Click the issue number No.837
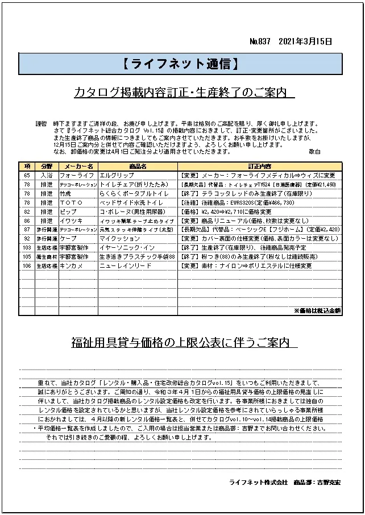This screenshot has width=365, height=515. pos(260,41)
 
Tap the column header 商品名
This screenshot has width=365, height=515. pos(138,167)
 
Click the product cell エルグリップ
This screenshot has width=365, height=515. pos(117,176)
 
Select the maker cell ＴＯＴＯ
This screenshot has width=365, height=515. pos(72,202)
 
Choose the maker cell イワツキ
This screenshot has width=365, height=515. pos(70,220)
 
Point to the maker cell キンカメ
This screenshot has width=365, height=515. pos(70,265)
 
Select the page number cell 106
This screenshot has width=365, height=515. pos(27,265)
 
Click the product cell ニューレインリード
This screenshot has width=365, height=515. pos(126,265)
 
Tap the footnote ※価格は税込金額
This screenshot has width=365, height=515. pos(317,311)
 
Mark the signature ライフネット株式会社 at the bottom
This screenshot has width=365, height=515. pos(258,482)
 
